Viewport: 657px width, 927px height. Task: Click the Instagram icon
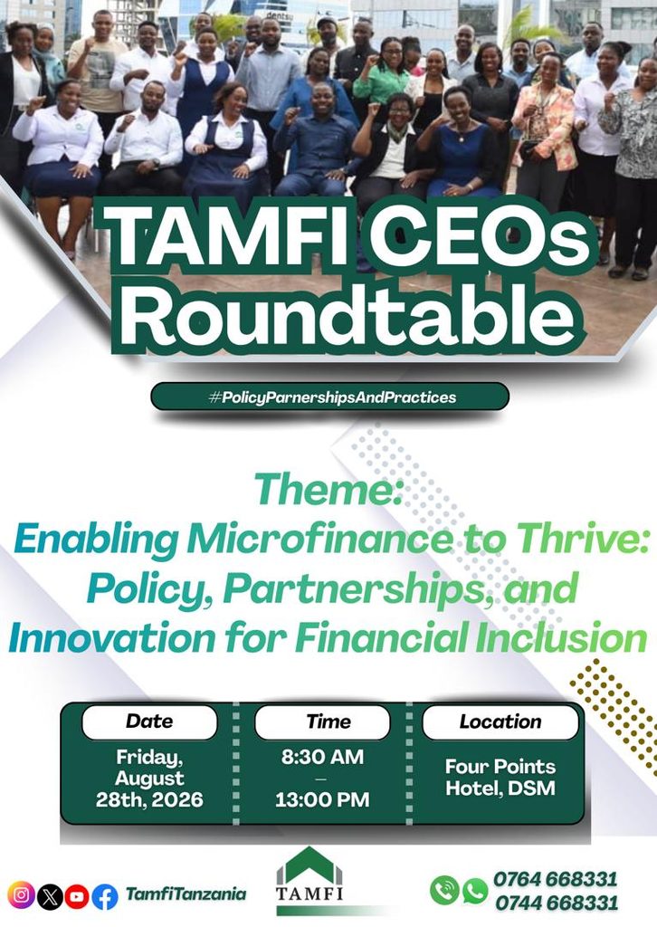point(21,895)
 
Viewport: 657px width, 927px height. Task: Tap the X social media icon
point(50,896)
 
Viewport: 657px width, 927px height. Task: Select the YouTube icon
point(77,896)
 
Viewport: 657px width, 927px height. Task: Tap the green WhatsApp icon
point(474,891)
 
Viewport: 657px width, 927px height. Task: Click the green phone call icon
point(444,890)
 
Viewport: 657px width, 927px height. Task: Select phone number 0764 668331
point(556,879)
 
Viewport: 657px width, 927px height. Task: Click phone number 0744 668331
point(557,903)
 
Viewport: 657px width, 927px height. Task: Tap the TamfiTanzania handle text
point(186,894)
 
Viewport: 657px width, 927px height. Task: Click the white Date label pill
point(149,722)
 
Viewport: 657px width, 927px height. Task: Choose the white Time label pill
point(322,722)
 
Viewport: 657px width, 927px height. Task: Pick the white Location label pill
point(500,722)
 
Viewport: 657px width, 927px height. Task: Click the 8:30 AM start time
point(322,757)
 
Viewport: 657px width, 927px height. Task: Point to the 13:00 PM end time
point(322,799)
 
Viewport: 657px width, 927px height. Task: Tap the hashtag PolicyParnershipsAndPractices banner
point(330,397)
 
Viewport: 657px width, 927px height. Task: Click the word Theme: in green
point(328,490)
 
